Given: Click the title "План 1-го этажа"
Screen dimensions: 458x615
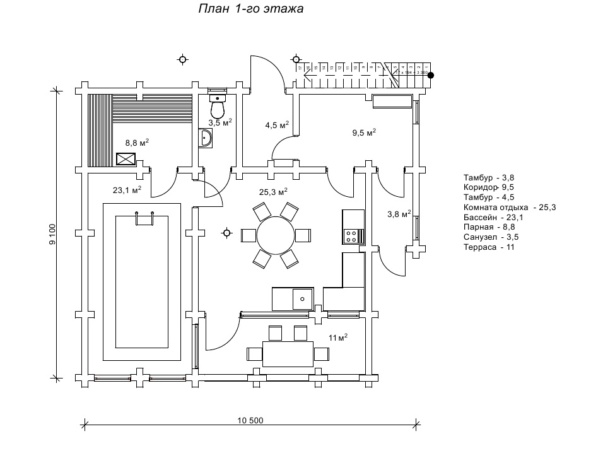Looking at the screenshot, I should tap(252, 9).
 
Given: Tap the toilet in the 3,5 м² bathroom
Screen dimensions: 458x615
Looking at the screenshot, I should tap(218, 108).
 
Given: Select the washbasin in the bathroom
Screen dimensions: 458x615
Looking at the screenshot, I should tap(206, 138).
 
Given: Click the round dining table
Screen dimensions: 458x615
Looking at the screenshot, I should tap(276, 235).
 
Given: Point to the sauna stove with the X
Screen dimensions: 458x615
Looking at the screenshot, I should tap(126, 159).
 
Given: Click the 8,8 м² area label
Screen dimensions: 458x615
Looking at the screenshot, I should tap(136, 143).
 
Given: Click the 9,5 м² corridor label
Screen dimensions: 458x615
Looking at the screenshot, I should tap(363, 132).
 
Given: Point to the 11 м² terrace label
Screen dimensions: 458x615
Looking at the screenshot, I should tap(338, 338).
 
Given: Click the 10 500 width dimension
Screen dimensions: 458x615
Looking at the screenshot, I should tap(250, 421).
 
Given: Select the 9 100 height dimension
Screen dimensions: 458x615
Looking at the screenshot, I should tap(53, 233).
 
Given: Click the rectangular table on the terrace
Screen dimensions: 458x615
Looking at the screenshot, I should tap(288, 354).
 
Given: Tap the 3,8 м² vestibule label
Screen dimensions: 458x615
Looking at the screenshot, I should tap(399, 214).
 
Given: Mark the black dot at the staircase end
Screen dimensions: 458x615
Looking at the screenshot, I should tap(432, 75).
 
